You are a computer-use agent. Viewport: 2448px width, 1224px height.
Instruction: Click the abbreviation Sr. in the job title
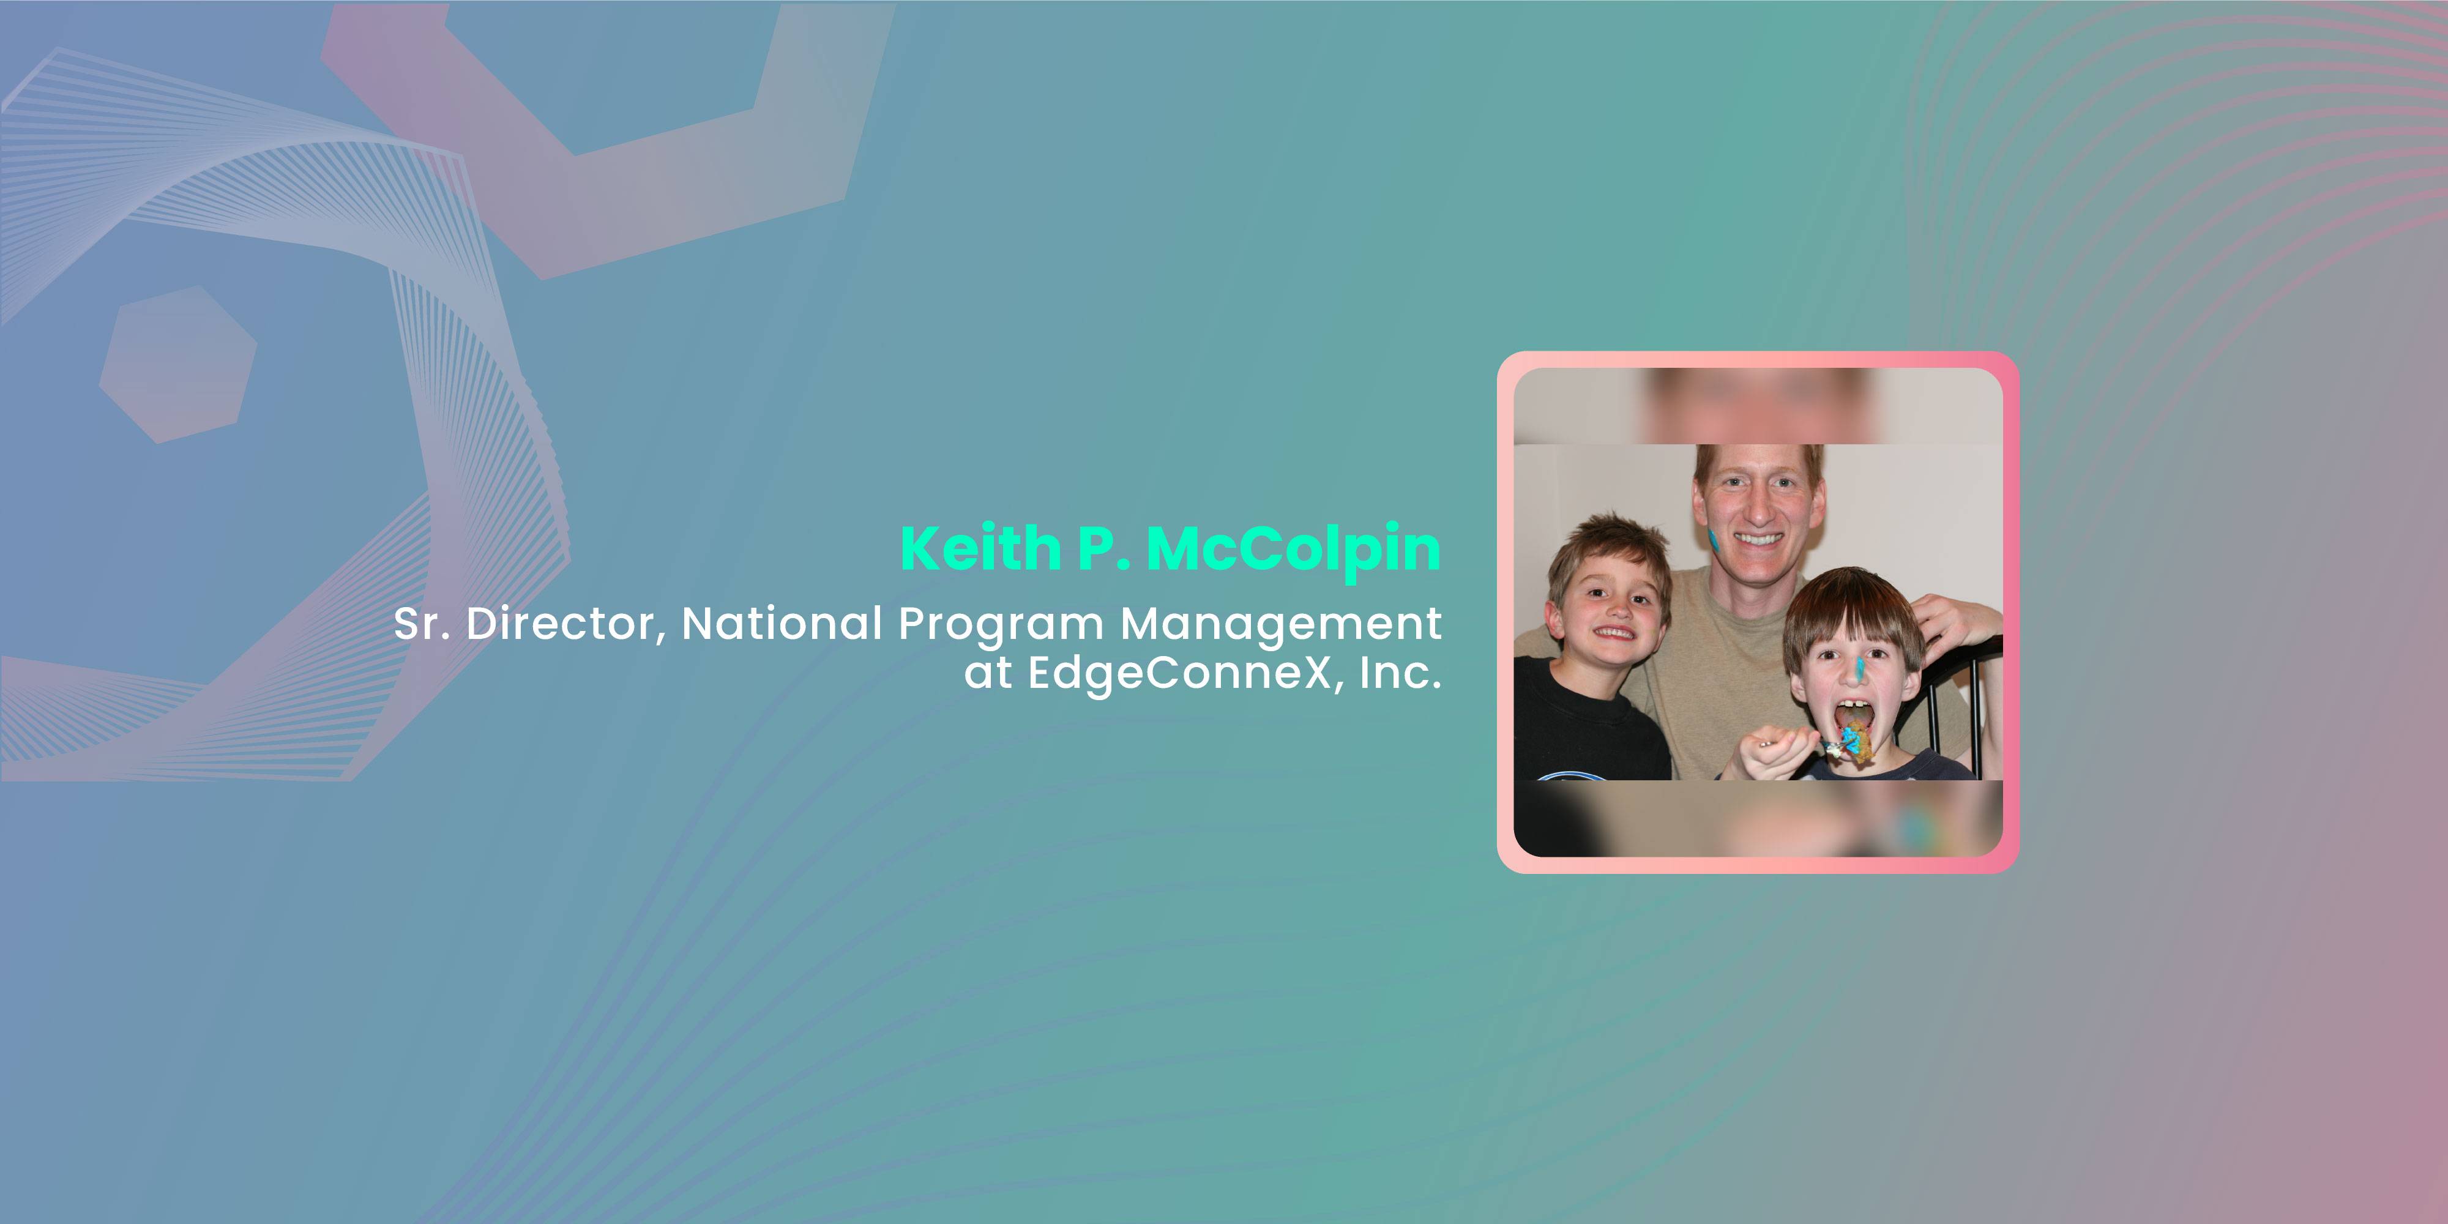coord(422,624)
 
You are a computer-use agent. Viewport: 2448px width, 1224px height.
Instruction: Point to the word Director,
coord(565,624)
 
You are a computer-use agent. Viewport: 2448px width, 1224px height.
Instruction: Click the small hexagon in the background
coord(177,365)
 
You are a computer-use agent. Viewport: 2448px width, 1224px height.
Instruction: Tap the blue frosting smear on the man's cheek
coord(1714,541)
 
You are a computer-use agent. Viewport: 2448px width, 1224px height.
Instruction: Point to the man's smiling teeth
coord(1759,539)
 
